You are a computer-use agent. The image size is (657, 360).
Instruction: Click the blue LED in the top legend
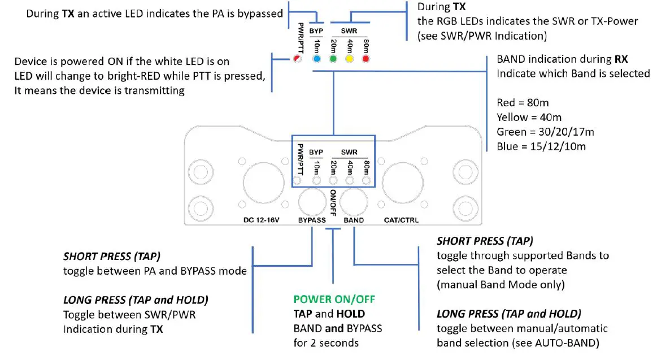point(317,59)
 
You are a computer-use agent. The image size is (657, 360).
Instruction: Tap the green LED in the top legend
point(333,59)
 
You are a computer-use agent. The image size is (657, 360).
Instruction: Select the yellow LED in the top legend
point(350,59)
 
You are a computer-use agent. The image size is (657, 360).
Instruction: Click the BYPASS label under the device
point(312,220)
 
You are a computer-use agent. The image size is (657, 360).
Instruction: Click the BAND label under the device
point(354,220)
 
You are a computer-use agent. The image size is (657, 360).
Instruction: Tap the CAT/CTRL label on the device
point(401,220)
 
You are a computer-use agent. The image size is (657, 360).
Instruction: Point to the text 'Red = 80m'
point(523,103)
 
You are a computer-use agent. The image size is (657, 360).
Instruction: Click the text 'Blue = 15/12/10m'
point(541,146)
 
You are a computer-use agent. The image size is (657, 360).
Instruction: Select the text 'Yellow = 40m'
point(529,118)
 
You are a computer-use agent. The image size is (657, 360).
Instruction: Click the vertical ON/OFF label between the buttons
point(333,202)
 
